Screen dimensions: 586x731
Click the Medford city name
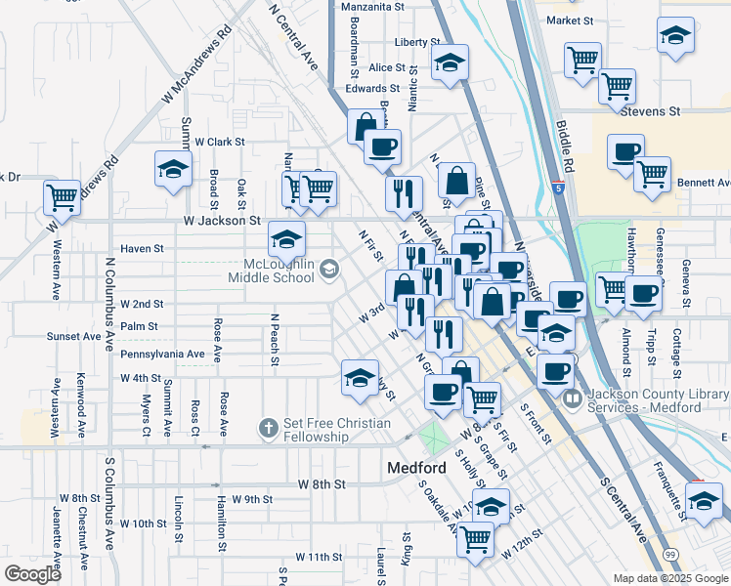coord(416,468)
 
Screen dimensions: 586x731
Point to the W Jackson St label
coord(221,223)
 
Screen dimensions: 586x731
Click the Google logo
coord(32,573)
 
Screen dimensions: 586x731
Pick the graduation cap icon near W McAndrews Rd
coord(173,168)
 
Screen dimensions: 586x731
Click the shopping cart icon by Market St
coord(583,59)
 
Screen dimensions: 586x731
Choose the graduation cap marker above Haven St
coord(286,237)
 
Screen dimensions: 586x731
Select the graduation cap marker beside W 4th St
coord(359,377)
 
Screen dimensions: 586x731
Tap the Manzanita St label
coord(372,7)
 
